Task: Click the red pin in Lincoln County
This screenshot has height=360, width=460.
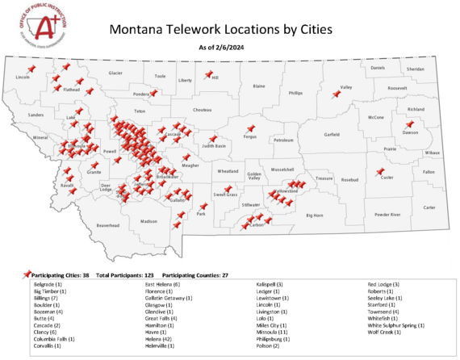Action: coord(31,69)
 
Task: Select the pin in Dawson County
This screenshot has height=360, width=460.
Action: coord(410,124)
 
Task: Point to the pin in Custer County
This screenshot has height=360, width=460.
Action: coord(379,171)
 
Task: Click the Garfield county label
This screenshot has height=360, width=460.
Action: coord(332,134)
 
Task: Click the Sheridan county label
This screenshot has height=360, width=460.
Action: coord(415,69)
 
